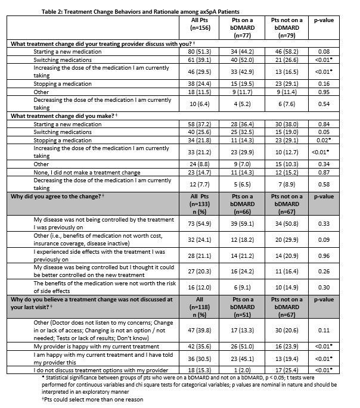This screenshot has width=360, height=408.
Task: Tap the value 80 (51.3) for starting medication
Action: (x=190, y=52)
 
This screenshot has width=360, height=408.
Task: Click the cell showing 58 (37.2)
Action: (x=190, y=123)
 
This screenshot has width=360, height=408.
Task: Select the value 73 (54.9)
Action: (x=190, y=224)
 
